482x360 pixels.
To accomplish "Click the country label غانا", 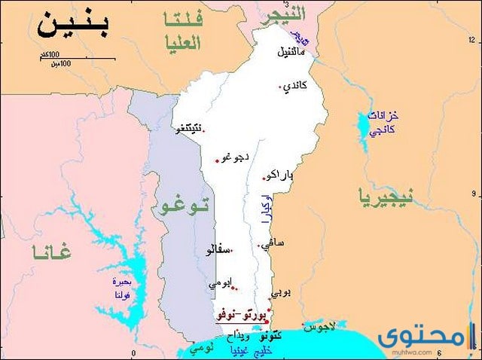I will pyautogui.click(x=51, y=252).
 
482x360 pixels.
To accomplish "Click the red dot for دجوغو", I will pyautogui.click(x=217, y=160).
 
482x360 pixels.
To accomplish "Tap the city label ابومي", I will pyautogui.click(x=221, y=283).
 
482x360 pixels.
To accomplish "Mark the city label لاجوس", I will pyautogui.click(x=318, y=327).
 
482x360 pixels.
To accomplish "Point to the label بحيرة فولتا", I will pyautogui.click(x=121, y=288).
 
